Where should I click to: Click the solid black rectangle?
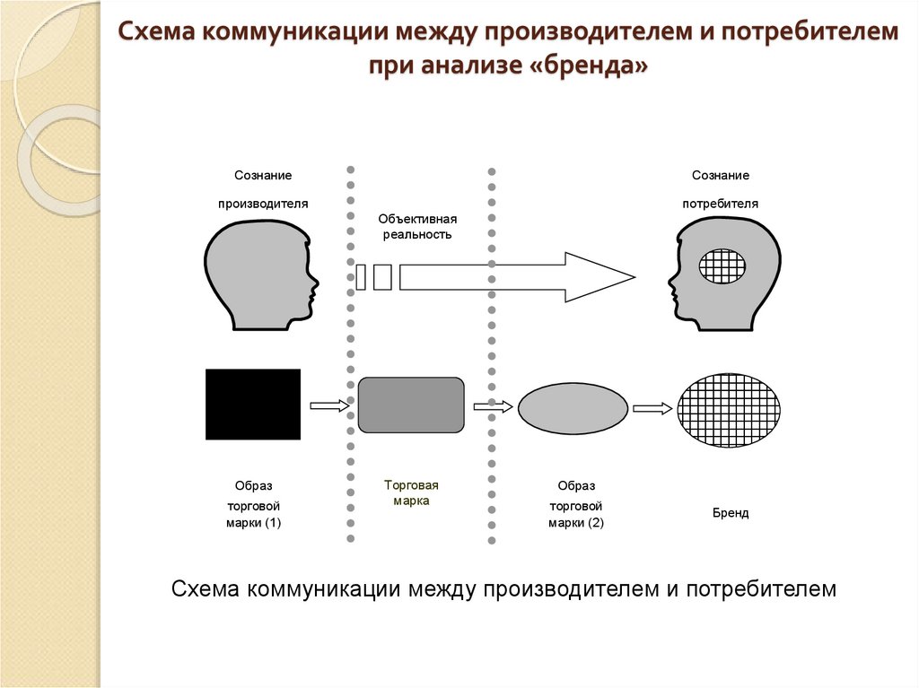[253, 404]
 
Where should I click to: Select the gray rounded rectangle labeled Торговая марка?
[412, 405]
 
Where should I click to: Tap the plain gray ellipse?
[573, 407]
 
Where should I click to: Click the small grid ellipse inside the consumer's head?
[722, 266]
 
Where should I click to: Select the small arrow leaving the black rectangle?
[328, 406]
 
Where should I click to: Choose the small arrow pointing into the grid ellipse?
[652, 408]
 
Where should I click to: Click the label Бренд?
[731, 514]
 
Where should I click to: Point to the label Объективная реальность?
[418, 226]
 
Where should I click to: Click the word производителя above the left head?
[263, 204]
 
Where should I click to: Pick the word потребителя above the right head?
[721, 204]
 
